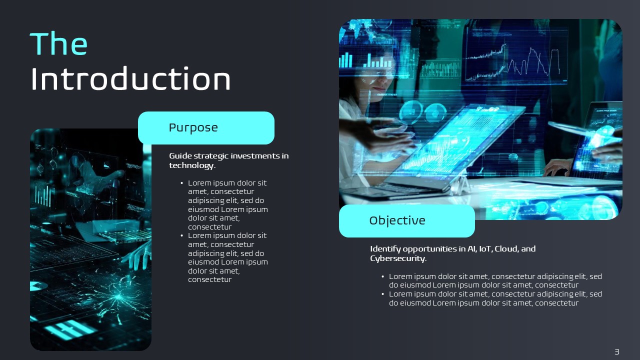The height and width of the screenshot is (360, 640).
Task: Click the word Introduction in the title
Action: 130,78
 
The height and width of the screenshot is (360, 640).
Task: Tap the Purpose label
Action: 193,127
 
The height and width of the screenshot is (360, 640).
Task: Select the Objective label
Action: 397,220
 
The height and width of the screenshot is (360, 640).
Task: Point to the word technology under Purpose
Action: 191,165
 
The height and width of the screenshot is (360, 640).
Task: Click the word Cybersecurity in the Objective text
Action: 397,258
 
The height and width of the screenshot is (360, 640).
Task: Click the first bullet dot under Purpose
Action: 181,183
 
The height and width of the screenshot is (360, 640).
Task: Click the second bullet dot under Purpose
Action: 181,235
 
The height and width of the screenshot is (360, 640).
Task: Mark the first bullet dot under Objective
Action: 383,276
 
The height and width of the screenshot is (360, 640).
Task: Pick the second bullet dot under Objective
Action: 383,294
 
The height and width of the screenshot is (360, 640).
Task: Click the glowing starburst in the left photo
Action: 118,297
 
